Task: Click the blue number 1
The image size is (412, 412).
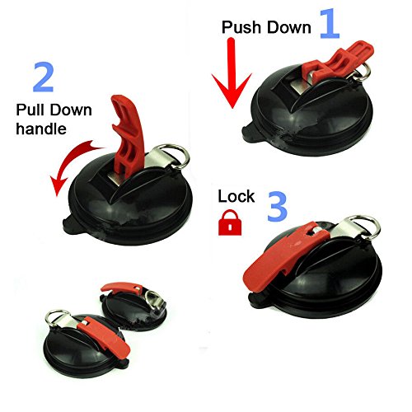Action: tap(330, 23)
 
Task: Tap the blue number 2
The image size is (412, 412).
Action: tap(44, 77)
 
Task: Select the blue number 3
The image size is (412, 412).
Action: tap(278, 207)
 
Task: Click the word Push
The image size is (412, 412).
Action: tap(241, 27)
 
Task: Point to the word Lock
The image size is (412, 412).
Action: tap(236, 196)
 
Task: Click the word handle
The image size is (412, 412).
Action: tap(41, 129)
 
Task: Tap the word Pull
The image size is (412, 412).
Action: tap(31, 110)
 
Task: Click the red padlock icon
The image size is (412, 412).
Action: tap(230, 222)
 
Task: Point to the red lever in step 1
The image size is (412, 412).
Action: tap(338, 62)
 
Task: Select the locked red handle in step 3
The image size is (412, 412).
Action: tap(286, 255)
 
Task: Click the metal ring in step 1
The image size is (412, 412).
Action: tap(362, 71)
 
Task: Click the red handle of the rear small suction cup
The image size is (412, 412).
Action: tap(121, 288)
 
